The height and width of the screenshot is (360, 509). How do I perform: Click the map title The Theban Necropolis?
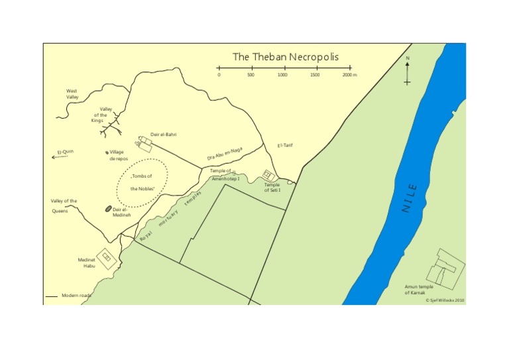coord(285,57)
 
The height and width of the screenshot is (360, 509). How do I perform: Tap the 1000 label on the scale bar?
coord(282,75)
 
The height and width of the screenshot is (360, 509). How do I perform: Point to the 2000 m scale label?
coord(349,75)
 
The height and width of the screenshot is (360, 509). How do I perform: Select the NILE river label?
coord(410,198)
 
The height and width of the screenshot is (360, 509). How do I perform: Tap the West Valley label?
coord(72,93)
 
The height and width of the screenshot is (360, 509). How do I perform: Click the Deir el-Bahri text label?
coord(163,135)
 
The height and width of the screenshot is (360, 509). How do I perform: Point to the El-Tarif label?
coord(285,145)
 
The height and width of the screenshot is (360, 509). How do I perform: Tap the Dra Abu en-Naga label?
coord(225,154)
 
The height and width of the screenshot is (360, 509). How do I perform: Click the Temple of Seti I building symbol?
coord(268,175)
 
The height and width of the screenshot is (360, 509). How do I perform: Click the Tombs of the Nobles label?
coord(142,182)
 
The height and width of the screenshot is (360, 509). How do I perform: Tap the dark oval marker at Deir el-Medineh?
coord(108,209)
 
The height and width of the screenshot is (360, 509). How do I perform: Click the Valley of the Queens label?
coord(64,206)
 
